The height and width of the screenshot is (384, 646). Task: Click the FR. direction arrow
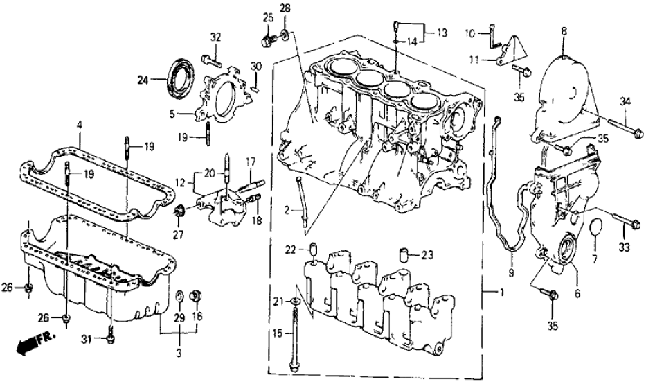pos(28,343)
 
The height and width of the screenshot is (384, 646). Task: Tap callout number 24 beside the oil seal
pos(143,80)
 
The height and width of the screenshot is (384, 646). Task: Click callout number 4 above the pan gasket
pos(80,125)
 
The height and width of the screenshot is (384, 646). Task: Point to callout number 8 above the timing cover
pos(564,30)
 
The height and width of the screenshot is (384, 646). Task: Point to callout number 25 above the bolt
pos(268,16)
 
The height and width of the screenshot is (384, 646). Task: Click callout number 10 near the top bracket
pos(469,33)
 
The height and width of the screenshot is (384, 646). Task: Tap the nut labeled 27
pos(179,211)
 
